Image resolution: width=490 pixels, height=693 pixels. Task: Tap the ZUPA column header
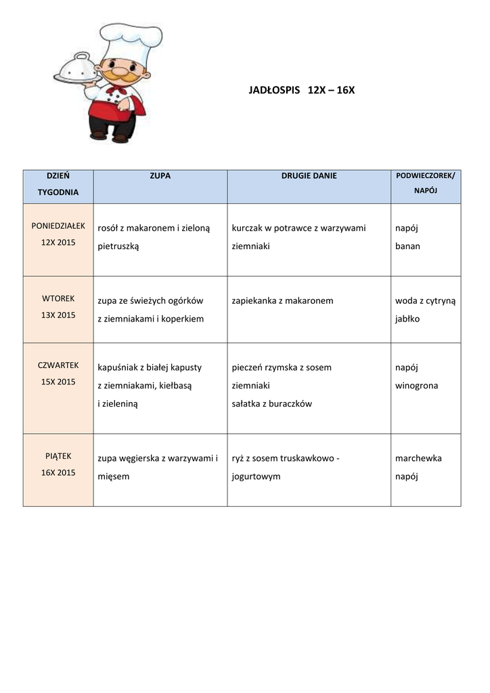click(x=160, y=176)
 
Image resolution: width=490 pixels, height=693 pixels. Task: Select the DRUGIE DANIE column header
click(x=309, y=176)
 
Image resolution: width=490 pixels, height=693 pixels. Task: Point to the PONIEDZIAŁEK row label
click(x=58, y=225)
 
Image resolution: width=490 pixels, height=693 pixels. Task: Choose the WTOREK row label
click(x=58, y=298)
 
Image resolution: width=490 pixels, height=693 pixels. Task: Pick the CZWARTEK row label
click(x=58, y=365)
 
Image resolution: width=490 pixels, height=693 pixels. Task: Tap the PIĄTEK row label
click(x=58, y=456)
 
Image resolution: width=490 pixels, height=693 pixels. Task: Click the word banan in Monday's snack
click(x=407, y=246)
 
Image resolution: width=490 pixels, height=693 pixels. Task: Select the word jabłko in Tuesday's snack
click(x=407, y=319)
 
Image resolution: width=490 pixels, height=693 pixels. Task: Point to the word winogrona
click(x=416, y=386)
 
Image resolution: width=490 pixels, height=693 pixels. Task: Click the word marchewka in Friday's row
click(x=418, y=458)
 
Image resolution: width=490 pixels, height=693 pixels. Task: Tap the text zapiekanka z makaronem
click(x=282, y=300)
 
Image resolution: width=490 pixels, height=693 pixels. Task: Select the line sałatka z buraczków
click(x=271, y=404)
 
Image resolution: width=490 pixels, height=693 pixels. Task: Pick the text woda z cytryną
click(x=425, y=300)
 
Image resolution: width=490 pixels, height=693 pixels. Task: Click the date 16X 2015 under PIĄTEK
click(x=58, y=472)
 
